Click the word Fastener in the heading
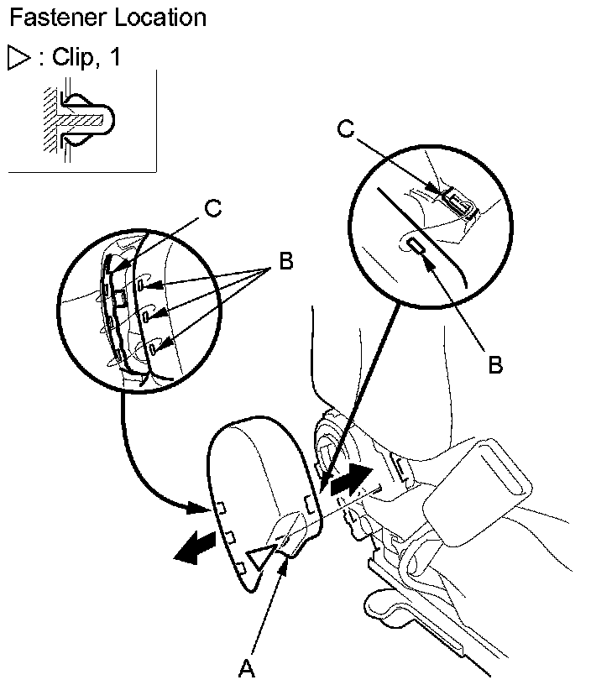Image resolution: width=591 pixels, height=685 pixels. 53,17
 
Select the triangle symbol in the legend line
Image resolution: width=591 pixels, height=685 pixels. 18,58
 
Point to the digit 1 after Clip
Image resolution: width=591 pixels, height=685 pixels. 115,58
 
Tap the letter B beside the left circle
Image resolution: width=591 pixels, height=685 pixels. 285,262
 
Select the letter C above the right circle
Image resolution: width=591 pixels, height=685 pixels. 345,128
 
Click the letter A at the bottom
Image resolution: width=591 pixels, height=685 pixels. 246,668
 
